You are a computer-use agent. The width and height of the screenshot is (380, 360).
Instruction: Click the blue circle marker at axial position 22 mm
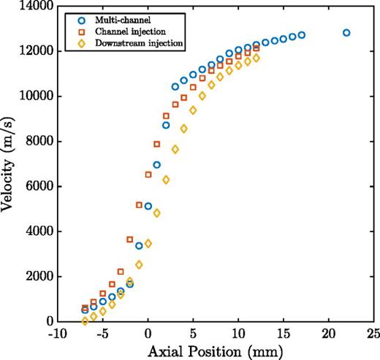point(346,33)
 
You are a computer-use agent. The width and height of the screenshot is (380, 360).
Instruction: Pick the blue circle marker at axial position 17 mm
point(301,35)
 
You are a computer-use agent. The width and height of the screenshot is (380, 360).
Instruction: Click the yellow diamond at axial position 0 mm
point(148,243)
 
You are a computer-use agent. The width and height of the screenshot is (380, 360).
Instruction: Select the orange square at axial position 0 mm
point(148,175)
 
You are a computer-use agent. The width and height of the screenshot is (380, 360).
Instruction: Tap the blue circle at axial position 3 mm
point(175,87)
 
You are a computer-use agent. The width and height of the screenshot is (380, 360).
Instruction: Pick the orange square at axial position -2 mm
point(130,240)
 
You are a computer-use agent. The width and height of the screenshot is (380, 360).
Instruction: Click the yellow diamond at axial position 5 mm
point(193,110)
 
